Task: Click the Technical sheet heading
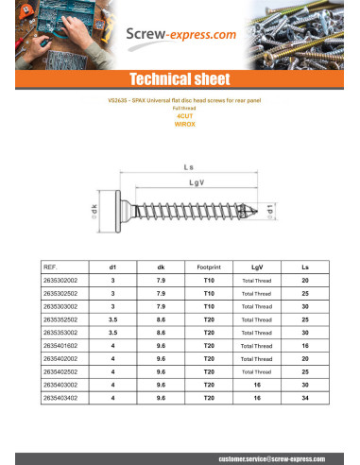[179, 78]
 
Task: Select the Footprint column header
[209, 267]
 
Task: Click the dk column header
[161, 267]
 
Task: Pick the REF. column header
[52, 267]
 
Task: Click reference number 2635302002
[61, 281]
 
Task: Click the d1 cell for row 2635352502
[113, 320]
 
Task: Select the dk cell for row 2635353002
[161, 334]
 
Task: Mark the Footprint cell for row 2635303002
[209, 307]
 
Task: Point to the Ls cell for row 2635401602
[304, 347]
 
